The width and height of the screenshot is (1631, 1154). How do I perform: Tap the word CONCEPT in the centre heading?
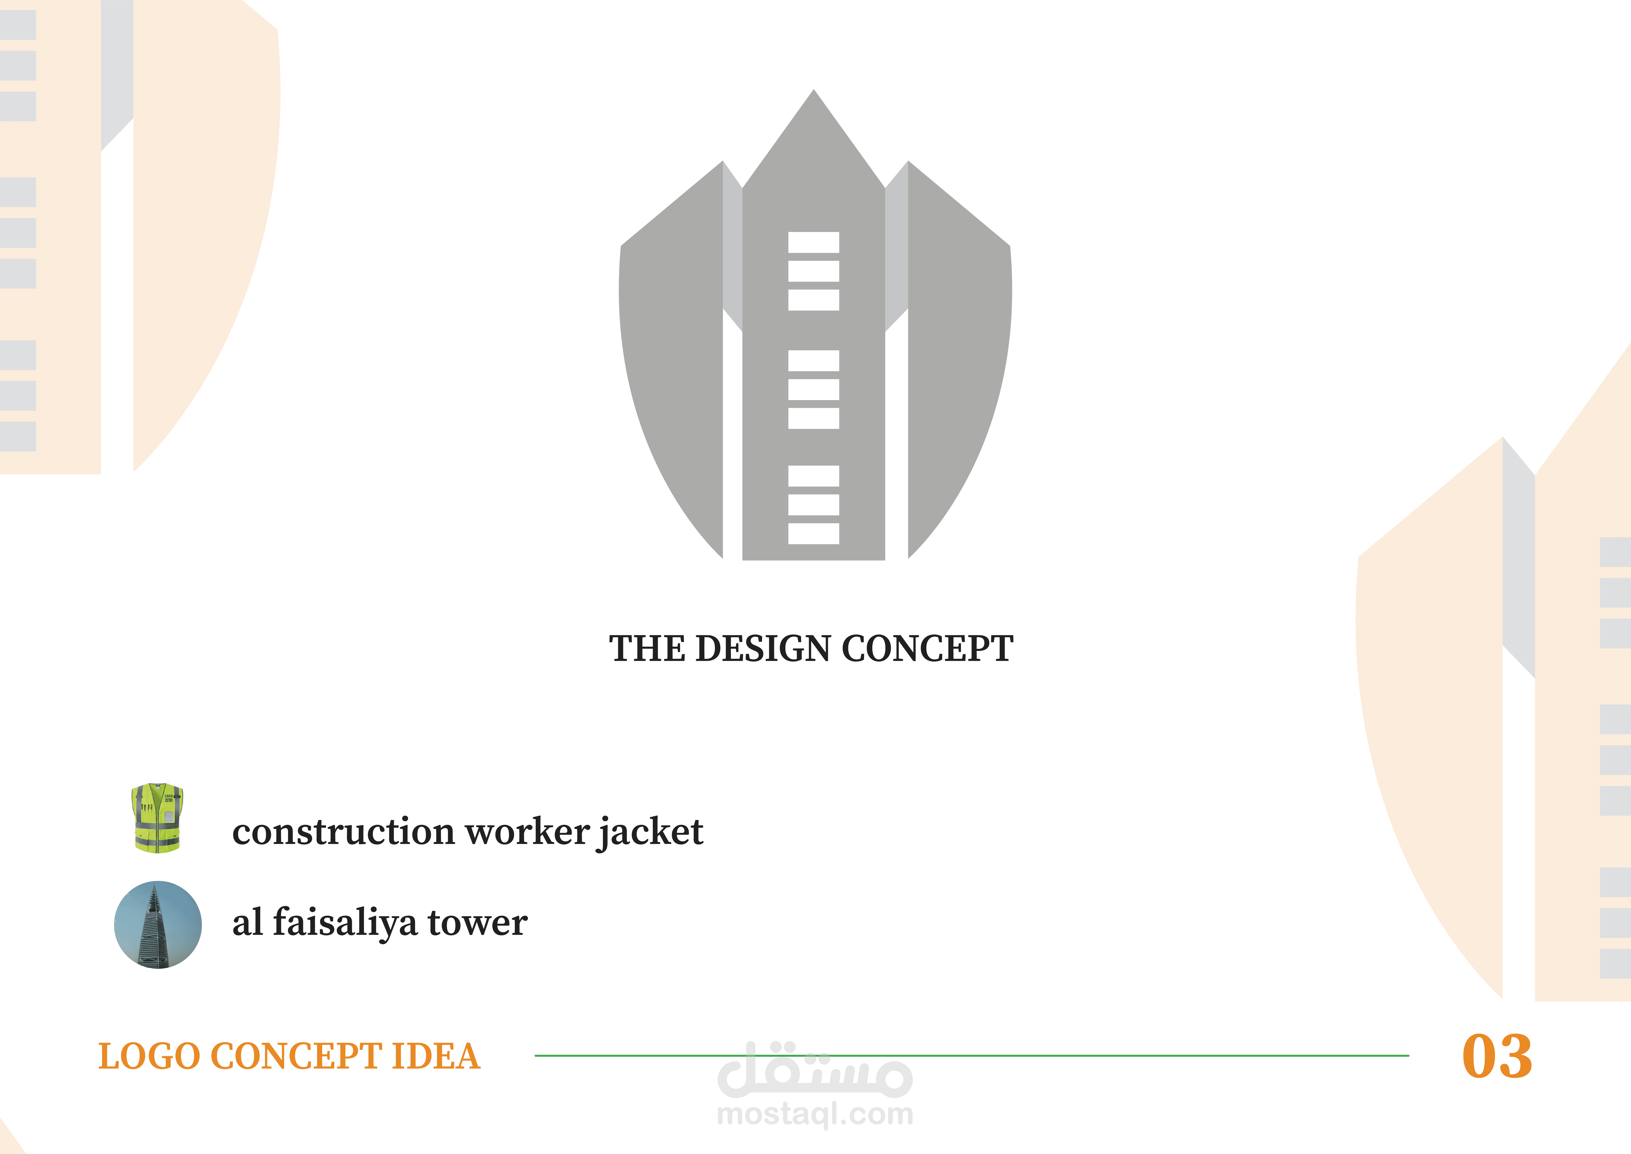pos(927,649)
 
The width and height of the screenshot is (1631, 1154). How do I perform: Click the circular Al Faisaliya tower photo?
pos(158,924)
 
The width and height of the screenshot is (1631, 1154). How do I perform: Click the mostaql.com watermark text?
pos(815,1114)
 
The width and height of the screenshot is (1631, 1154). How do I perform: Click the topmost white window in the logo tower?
pos(813,242)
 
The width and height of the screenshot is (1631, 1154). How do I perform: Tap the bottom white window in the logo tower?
pos(813,534)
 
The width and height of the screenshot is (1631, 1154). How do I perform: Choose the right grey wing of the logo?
pos(959,355)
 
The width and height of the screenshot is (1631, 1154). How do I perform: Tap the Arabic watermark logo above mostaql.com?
pos(815,1069)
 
